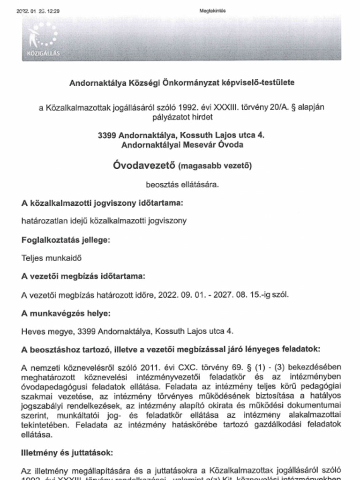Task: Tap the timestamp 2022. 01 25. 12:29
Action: [x=37, y=11]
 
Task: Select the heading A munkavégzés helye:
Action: [x=66, y=313]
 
